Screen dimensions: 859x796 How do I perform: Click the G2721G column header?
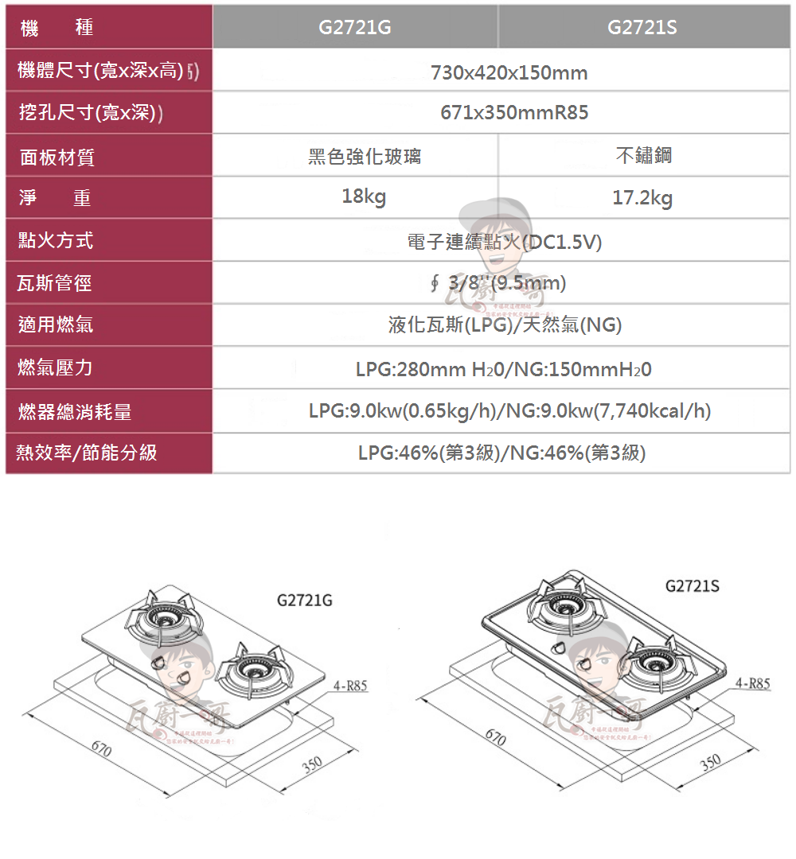click(355, 28)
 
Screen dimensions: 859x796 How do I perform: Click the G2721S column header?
click(642, 28)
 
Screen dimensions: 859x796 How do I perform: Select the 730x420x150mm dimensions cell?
click(509, 73)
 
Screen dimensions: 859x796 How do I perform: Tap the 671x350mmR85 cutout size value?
click(514, 113)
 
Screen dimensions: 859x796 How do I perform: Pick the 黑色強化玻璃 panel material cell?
click(365, 157)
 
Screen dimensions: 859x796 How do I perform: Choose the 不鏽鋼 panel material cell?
click(644, 155)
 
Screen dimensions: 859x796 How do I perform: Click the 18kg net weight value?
click(364, 196)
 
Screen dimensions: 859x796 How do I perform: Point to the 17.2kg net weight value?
click(642, 198)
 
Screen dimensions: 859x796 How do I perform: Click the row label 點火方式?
click(56, 240)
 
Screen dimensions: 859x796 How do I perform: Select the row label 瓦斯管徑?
click(56, 283)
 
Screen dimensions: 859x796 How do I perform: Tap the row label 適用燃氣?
click(56, 325)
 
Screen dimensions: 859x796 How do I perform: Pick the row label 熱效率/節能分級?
click(88, 453)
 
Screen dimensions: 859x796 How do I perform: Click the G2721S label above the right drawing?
click(692, 586)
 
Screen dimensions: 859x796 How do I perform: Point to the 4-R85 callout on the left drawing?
click(350, 686)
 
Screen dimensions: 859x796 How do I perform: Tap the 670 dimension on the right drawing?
click(495, 739)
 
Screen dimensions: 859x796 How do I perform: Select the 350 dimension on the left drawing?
click(311, 764)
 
